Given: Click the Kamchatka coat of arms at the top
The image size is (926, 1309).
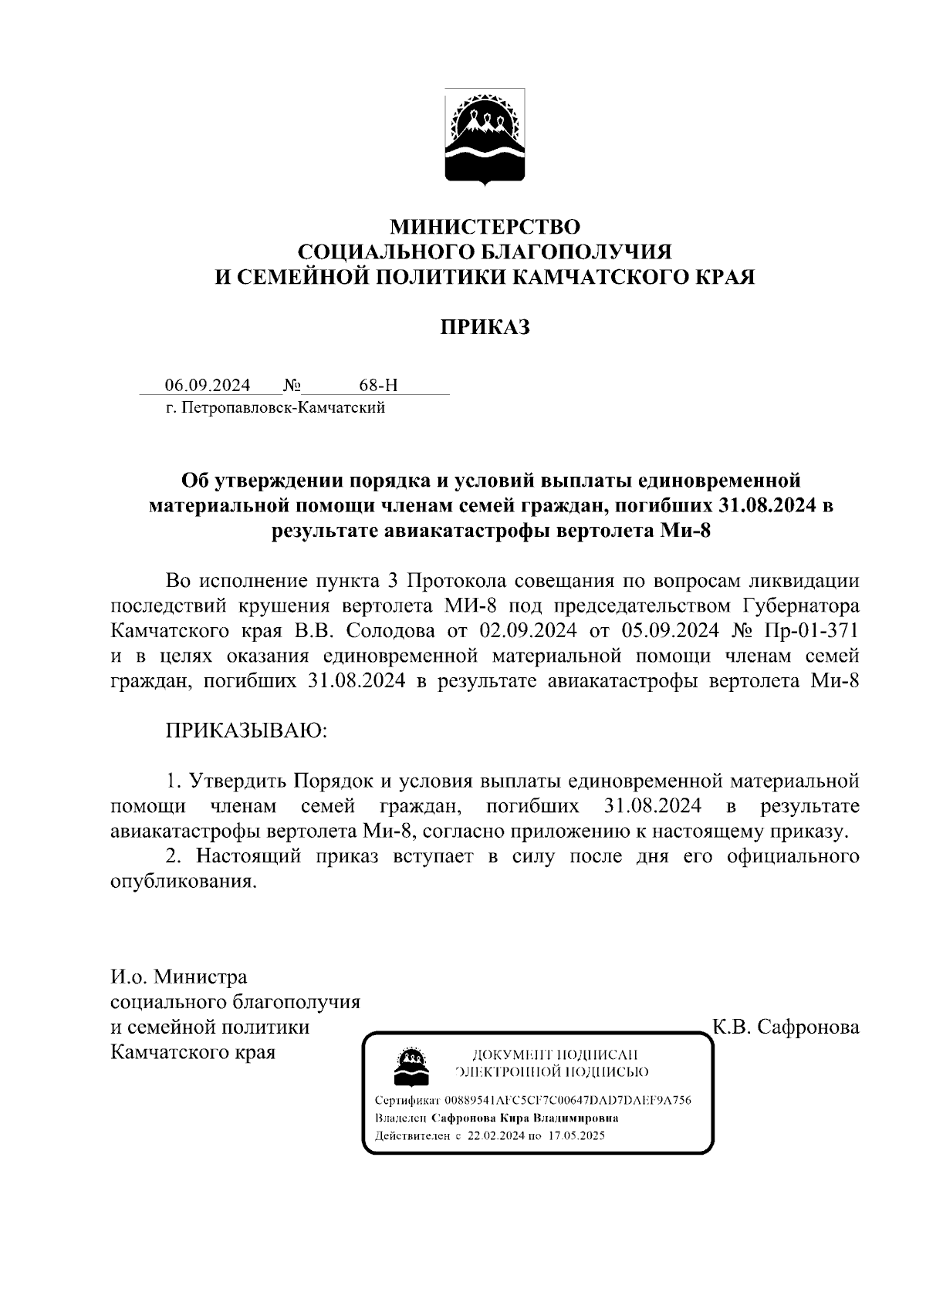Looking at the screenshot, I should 485,137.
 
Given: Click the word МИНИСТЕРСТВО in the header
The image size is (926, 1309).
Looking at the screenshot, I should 485,227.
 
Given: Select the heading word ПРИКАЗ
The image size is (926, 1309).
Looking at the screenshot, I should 485,327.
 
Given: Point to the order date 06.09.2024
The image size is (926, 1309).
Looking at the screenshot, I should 207,385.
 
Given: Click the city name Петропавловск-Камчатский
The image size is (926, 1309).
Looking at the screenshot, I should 285,408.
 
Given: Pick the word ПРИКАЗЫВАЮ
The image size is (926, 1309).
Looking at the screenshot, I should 247,730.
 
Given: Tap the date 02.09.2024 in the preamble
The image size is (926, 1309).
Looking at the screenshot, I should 529,630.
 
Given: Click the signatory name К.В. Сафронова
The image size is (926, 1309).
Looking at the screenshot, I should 786,1027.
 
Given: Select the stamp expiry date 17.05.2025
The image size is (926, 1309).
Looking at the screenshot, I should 574,1135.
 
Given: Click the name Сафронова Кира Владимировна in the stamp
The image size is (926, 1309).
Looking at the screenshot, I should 525,1118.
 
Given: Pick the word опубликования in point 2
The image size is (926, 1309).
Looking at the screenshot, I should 182,882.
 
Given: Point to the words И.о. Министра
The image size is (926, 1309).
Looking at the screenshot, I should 179,977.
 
